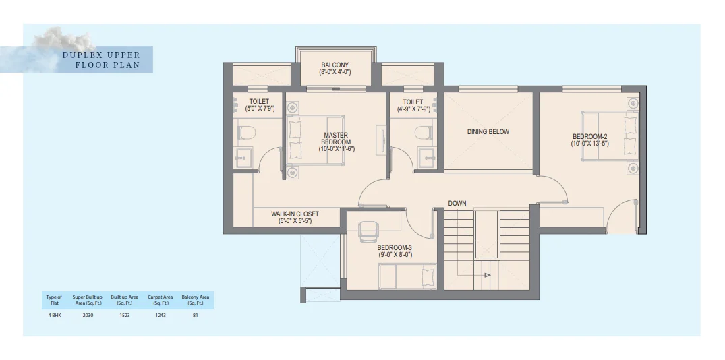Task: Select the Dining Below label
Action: [488, 131]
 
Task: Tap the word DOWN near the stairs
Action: [457, 204]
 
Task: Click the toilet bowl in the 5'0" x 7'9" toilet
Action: [247, 133]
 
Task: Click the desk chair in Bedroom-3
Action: [369, 231]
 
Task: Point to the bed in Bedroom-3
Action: [407, 276]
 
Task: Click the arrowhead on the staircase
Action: [487, 276]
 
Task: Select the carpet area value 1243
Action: [160, 316]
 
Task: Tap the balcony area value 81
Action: [196, 316]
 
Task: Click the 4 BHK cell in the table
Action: [54, 316]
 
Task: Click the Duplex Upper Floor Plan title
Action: [101, 60]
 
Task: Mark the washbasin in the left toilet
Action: [243, 158]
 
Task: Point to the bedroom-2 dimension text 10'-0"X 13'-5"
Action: [589, 144]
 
